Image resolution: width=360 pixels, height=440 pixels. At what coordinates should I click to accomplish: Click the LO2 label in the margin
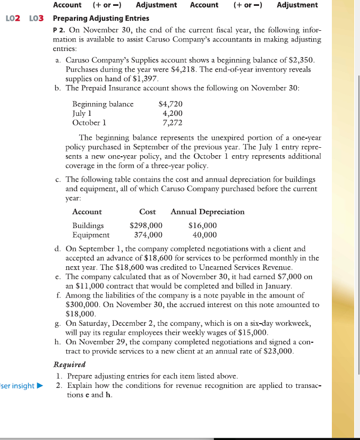coord(13,19)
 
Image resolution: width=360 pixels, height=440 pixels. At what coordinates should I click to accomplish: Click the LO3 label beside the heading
coord(35,19)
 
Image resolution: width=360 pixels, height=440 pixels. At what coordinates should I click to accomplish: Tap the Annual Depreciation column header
coord(208,211)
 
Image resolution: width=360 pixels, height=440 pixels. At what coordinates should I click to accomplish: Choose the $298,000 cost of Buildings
coord(146,226)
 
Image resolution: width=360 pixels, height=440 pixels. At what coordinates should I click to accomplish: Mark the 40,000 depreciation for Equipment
coord(204,234)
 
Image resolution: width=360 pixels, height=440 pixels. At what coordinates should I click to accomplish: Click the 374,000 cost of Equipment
coord(148,234)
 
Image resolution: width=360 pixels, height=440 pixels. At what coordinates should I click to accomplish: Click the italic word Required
coord(72,366)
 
